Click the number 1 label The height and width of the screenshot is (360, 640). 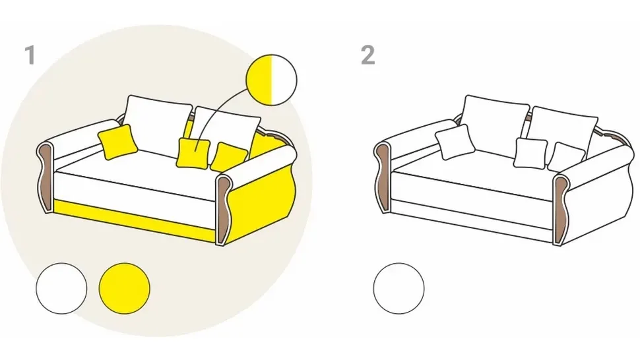click(x=30, y=55)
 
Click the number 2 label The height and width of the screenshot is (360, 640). click(x=368, y=55)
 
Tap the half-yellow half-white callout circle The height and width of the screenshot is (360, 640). click(x=271, y=80)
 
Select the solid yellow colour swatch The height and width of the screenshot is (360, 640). click(x=125, y=288)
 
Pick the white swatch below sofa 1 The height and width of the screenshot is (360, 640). click(x=61, y=288)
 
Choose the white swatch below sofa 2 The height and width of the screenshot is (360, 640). click(x=399, y=288)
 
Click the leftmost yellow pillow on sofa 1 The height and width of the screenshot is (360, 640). click(x=117, y=142)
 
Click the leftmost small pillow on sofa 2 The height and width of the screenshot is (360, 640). click(x=455, y=142)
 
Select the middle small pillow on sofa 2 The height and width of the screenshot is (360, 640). click(x=530, y=152)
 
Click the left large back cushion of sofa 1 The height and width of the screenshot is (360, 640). click(x=157, y=123)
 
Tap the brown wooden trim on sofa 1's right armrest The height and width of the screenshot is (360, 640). click(x=223, y=210)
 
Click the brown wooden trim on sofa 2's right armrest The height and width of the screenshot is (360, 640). click(x=560, y=210)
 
